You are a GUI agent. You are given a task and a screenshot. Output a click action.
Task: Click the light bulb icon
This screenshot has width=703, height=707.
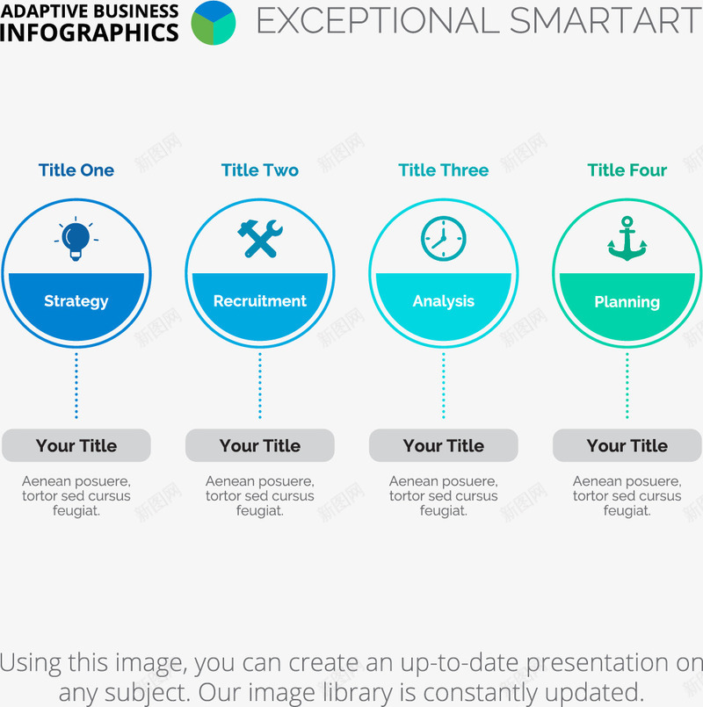(x=76, y=239)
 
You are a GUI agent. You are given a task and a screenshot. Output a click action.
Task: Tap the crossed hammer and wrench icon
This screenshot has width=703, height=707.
(x=260, y=239)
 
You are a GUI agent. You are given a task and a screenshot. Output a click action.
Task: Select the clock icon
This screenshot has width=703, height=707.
(x=444, y=239)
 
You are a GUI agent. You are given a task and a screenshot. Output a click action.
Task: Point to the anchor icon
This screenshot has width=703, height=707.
(x=627, y=239)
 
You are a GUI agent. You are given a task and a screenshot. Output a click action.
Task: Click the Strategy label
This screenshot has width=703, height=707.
(x=76, y=301)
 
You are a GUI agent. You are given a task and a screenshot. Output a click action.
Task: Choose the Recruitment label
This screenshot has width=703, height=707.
(x=260, y=300)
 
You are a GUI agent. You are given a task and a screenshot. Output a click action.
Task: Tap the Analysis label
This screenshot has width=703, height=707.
(x=444, y=301)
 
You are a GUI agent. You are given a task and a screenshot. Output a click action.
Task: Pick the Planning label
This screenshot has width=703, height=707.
(x=627, y=302)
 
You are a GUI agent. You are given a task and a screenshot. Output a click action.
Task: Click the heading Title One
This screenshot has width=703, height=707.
(x=76, y=170)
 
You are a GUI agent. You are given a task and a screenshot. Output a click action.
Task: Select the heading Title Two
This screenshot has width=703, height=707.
(x=260, y=170)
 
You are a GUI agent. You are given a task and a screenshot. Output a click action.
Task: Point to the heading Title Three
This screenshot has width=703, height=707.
(x=444, y=170)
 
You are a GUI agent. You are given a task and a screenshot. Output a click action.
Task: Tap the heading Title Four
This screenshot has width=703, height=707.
(x=627, y=170)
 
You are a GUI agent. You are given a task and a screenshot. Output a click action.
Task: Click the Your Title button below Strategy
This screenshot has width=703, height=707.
(x=76, y=445)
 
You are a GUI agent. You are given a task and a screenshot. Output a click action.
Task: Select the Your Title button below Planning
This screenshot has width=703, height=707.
(x=627, y=445)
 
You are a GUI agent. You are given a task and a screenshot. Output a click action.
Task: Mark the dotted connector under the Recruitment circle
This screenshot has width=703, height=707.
(x=260, y=386)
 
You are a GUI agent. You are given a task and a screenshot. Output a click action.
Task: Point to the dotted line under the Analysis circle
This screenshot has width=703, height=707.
(x=444, y=386)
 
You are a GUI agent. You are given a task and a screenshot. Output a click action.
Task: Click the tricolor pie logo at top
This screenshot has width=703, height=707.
(x=214, y=23)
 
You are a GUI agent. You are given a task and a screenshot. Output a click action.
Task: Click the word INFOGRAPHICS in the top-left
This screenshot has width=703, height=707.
(x=89, y=32)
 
